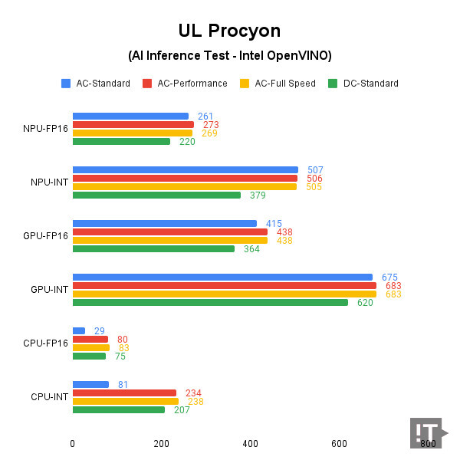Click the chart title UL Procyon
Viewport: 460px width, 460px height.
click(x=229, y=31)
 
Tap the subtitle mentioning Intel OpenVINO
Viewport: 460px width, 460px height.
click(x=229, y=56)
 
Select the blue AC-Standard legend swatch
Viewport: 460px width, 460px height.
click(x=66, y=84)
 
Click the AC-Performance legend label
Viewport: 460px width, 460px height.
click(x=192, y=84)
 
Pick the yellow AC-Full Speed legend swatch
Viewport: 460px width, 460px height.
click(x=245, y=84)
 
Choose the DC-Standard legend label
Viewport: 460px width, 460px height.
click(x=370, y=84)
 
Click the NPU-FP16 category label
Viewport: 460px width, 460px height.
click(x=46, y=129)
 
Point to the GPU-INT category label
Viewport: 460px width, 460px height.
click(x=49, y=290)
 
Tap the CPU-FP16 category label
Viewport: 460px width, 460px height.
click(x=46, y=343)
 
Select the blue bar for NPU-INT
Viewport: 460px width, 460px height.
click(x=185, y=170)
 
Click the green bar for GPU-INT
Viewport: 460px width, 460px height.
click(x=210, y=302)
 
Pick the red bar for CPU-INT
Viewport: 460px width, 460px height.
click(x=124, y=393)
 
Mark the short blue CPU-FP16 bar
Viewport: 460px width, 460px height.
click(x=78, y=331)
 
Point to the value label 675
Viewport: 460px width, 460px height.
click(x=389, y=278)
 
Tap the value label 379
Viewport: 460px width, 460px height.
click(x=258, y=195)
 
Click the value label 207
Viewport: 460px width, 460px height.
click(x=182, y=410)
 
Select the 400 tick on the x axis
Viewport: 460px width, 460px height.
click(x=250, y=444)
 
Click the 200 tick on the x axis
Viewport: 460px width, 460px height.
click(x=161, y=444)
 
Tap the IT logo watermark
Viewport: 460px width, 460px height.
click(x=428, y=434)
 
